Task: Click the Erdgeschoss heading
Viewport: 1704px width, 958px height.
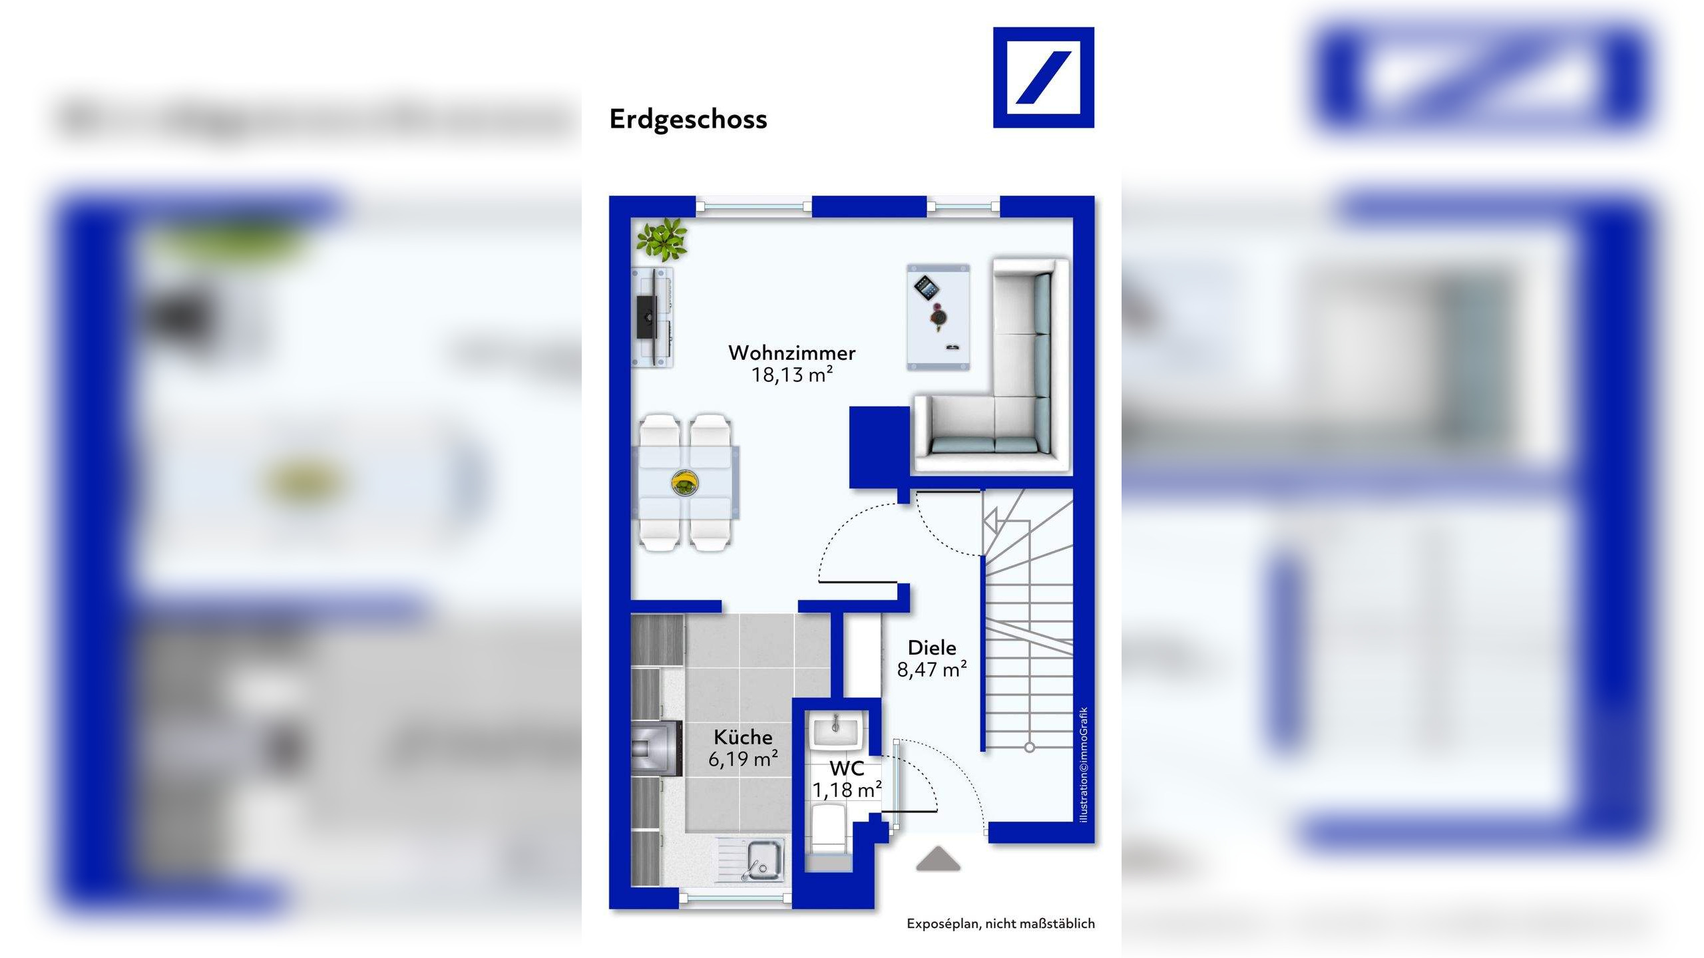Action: pos(688,119)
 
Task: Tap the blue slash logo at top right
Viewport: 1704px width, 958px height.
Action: pos(1043,77)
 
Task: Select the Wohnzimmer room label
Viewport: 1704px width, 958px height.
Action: pos(791,353)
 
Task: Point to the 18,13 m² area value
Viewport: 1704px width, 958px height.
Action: pos(791,375)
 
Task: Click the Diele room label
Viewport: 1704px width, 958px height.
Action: pos(931,647)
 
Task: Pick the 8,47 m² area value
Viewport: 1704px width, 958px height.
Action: pos(931,669)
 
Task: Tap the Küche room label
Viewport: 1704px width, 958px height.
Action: pos(743,737)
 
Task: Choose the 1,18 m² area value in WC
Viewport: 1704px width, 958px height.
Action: pos(846,790)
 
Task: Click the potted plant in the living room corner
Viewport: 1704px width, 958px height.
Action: pos(661,239)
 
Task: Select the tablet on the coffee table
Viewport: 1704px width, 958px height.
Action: pos(926,288)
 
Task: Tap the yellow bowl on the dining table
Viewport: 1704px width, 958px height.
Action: pos(684,482)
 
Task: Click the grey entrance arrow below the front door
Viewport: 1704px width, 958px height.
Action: pos(938,859)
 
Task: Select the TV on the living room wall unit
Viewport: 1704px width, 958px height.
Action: pos(646,318)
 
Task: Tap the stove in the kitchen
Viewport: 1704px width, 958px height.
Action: pos(656,749)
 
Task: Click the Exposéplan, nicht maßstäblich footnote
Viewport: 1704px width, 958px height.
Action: pos(1000,923)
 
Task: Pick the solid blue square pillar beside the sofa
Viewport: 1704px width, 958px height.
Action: pos(879,446)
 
